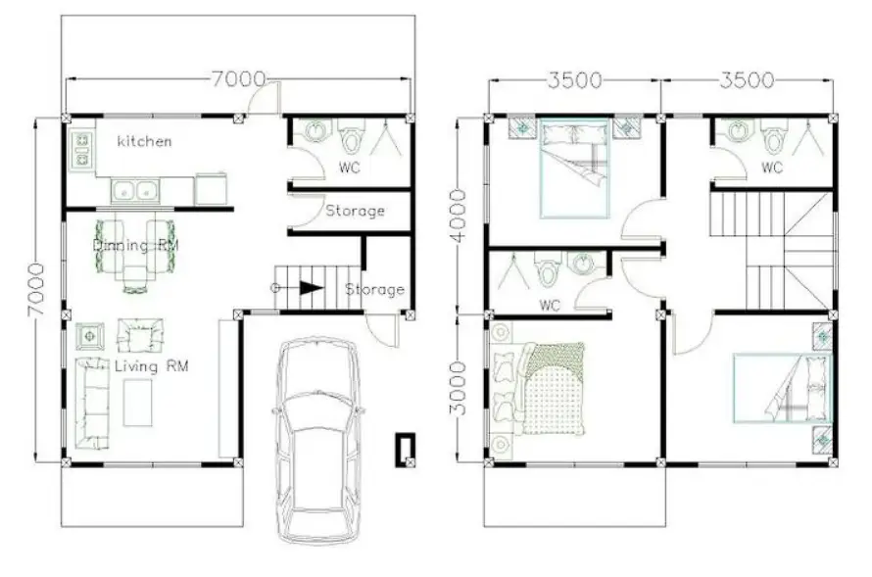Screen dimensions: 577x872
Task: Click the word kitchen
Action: pyautogui.click(x=144, y=141)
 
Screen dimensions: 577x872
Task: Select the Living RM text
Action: pyautogui.click(x=151, y=366)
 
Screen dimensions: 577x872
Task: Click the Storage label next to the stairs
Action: pyautogui.click(x=374, y=289)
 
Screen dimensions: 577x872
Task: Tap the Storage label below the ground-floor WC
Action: pyautogui.click(x=355, y=211)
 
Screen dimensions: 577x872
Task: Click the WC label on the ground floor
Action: pyautogui.click(x=349, y=168)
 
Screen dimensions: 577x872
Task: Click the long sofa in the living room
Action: pyautogui.click(x=92, y=402)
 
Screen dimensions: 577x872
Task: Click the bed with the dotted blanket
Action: pyautogui.click(x=552, y=388)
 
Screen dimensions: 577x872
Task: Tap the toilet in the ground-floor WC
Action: pyautogui.click(x=351, y=134)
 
